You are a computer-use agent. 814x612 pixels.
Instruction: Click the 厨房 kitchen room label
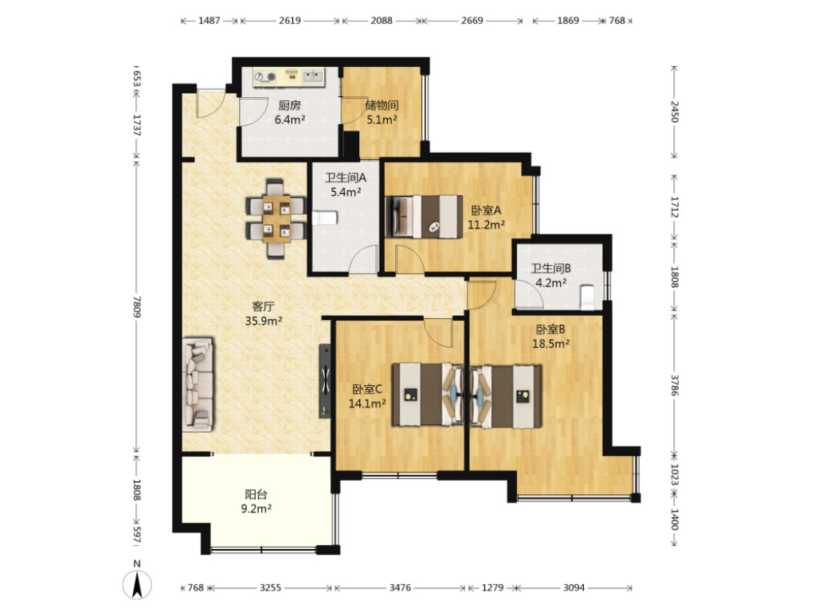(x=290, y=105)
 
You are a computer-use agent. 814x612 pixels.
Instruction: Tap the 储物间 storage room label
(x=382, y=105)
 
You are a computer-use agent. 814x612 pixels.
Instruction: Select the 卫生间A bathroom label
(x=346, y=178)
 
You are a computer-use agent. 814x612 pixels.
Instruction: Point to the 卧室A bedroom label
(x=486, y=210)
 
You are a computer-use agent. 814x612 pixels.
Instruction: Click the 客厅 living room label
(x=263, y=306)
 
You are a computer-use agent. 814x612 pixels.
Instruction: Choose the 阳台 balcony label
(x=256, y=494)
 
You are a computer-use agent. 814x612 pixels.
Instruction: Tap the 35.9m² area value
(x=264, y=321)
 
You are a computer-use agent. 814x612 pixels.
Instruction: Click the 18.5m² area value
(x=551, y=343)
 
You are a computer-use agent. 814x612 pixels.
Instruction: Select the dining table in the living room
(x=275, y=218)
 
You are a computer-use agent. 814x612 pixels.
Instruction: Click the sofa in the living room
(x=198, y=385)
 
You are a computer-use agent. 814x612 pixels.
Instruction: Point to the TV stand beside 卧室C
(x=325, y=381)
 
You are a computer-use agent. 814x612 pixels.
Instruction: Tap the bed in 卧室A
(x=425, y=216)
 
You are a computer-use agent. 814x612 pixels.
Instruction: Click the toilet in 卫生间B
(x=587, y=297)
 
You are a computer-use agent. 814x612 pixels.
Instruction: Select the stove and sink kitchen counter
(x=288, y=76)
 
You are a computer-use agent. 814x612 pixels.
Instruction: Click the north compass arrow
(x=137, y=585)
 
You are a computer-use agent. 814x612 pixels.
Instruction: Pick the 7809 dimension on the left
(x=136, y=307)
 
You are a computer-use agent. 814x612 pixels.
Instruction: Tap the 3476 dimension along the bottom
(x=400, y=587)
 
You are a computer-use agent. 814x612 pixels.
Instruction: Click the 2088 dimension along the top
(x=381, y=21)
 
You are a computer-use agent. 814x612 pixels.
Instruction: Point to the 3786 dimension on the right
(x=674, y=385)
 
